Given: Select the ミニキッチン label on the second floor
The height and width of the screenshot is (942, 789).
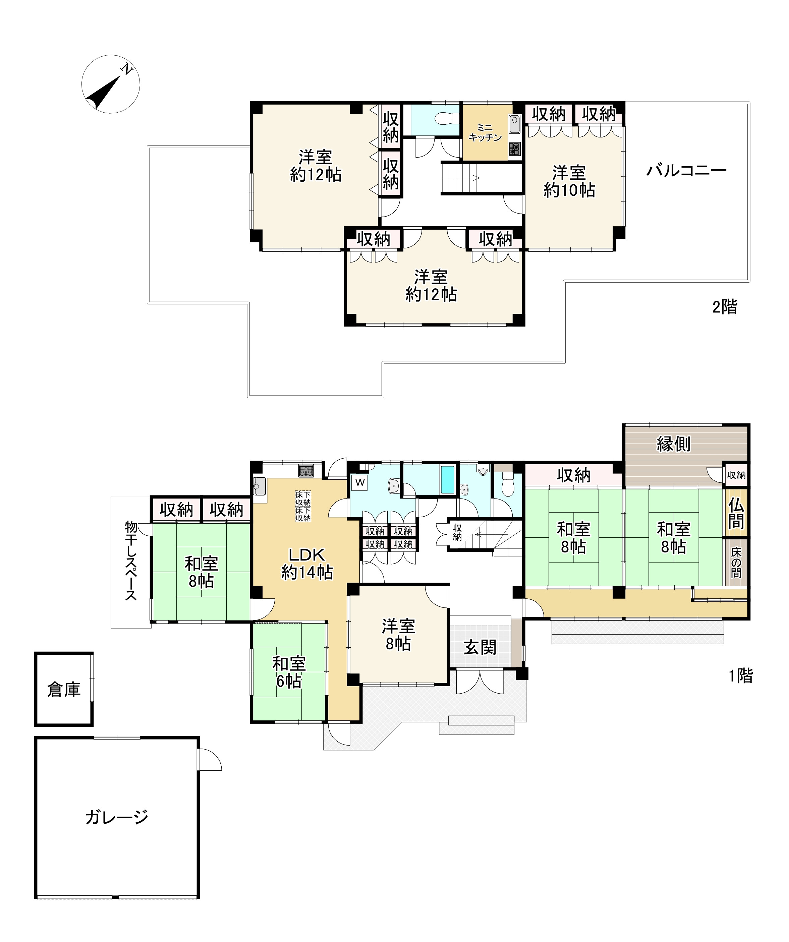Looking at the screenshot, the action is pos(485,133).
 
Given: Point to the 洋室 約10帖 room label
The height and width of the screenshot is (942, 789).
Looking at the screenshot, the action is pos(569,181).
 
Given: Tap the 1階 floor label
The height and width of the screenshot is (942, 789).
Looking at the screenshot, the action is pos(740,675).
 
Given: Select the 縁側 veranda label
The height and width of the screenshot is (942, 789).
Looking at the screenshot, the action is pos(673,444).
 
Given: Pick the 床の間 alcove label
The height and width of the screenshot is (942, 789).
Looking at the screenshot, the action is pos(736,563).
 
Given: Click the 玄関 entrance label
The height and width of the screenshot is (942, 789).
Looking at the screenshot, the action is pos(480,647).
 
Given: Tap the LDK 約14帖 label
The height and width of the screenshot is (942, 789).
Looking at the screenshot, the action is pos(307,564).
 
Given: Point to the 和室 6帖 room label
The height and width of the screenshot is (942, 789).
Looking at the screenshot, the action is pos(289,672).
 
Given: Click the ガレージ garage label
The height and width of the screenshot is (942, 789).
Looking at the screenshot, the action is pos(117,817).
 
